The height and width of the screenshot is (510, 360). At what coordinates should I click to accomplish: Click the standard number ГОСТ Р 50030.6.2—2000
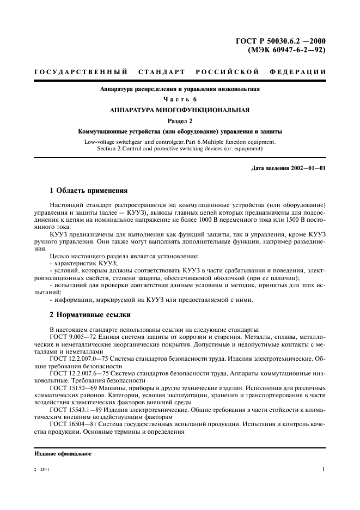coord(280,40)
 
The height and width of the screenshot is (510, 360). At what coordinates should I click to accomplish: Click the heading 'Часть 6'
coord(180,99)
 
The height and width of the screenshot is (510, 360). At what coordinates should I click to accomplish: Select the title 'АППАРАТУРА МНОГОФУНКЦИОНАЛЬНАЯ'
coord(180,110)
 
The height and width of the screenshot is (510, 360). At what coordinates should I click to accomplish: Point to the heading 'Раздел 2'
coord(180,121)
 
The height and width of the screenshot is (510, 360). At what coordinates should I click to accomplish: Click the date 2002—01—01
coord(307,168)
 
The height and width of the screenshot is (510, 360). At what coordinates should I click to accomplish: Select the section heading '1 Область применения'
coord(88,191)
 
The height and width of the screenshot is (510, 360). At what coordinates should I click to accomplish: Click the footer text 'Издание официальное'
coord(63,453)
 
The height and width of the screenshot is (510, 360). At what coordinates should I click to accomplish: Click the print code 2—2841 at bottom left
coord(41,469)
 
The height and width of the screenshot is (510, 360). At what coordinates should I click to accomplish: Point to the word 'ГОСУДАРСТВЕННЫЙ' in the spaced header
coord(81,72)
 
